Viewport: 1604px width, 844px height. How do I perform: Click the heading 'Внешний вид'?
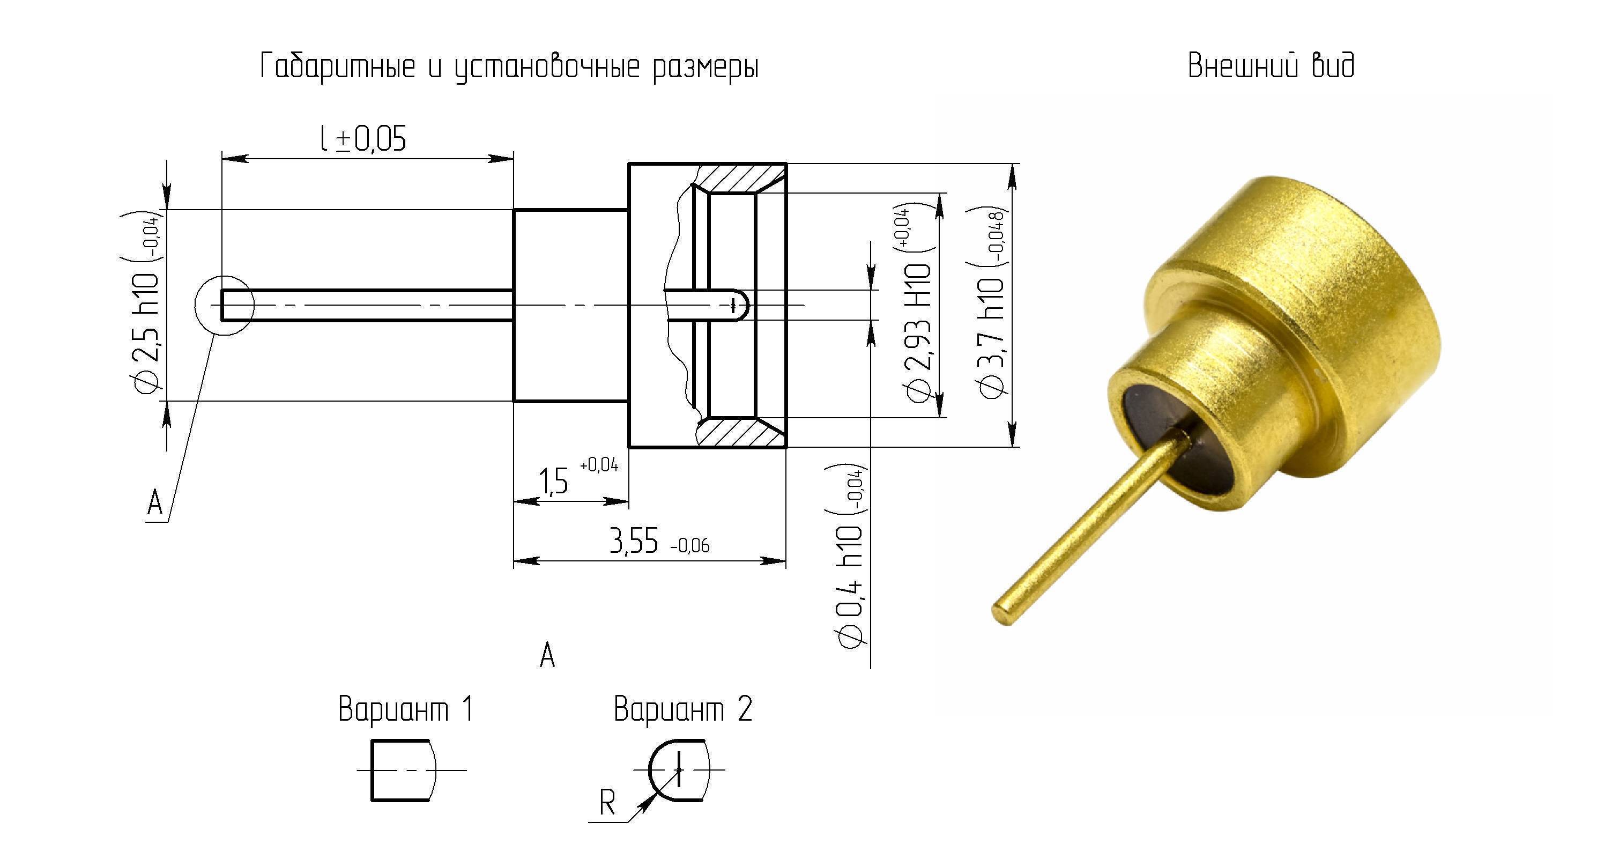coord(1271,66)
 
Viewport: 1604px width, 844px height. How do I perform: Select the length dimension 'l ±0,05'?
coord(363,138)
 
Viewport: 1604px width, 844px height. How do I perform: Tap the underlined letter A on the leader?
coord(155,502)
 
